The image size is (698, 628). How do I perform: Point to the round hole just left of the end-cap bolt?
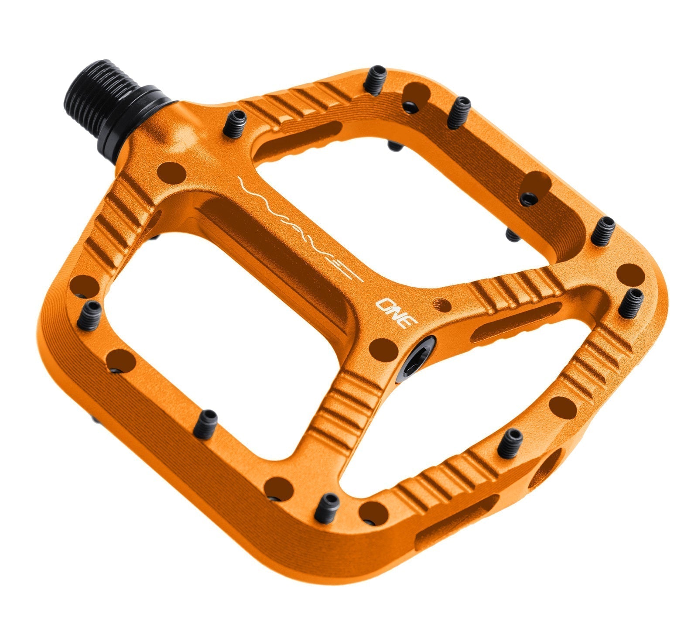tap(383, 349)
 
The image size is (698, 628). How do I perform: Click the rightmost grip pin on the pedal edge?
tap(630, 302)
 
